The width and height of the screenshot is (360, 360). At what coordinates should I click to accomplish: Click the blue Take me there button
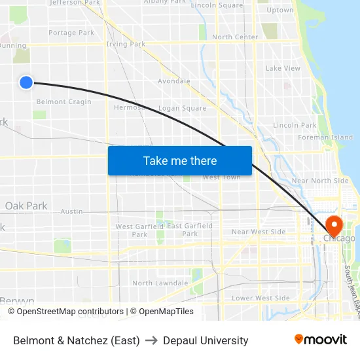tap(180, 160)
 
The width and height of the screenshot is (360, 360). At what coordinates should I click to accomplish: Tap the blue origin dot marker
tap(26, 82)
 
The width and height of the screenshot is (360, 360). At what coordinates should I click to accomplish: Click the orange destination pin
tap(334, 226)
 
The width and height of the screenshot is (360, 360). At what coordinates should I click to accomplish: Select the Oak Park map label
tap(26, 206)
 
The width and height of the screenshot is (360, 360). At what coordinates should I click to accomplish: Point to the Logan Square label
tap(183, 109)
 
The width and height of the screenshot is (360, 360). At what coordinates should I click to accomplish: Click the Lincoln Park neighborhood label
tap(295, 125)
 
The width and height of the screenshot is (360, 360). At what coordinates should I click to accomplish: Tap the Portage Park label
tap(71, 33)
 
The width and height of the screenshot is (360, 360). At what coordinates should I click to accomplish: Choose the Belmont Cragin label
tap(63, 102)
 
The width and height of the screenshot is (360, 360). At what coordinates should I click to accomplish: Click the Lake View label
tap(283, 68)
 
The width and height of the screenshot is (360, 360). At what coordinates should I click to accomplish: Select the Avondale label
tap(174, 82)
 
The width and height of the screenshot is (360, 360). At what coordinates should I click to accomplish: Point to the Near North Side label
tap(320, 181)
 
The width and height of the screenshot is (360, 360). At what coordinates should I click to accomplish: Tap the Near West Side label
tap(259, 232)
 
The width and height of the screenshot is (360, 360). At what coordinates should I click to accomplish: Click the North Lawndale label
tap(160, 283)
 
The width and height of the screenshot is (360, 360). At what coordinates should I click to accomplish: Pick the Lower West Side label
tap(261, 298)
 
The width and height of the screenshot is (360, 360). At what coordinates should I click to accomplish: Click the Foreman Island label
tap(325, 137)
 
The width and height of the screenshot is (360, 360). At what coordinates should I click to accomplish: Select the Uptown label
tap(280, 10)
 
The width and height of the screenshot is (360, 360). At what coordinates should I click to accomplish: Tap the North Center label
tap(235, 37)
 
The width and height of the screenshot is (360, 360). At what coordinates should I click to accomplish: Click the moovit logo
tap(321, 339)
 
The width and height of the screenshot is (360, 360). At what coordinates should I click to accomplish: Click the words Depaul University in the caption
tap(206, 340)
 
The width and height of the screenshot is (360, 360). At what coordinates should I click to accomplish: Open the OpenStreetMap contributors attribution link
tap(70, 312)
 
